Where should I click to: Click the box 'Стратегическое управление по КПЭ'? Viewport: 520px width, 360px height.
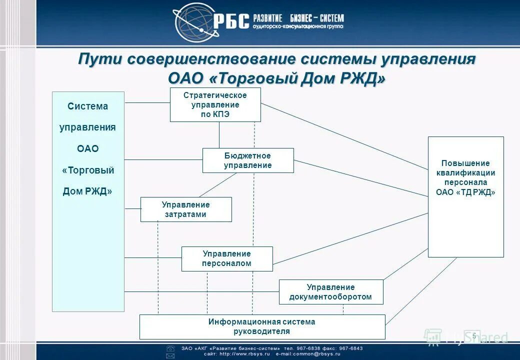point(215,104)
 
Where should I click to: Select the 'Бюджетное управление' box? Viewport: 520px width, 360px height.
point(248,160)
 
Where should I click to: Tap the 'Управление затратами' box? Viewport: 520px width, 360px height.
point(186,209)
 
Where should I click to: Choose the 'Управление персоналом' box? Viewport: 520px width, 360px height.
point(227,259)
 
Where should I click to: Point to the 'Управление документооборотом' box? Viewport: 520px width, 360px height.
point(330,292)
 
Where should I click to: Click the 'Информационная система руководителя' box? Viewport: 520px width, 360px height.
point(262,326)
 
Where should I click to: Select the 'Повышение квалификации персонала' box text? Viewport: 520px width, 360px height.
point(465,178)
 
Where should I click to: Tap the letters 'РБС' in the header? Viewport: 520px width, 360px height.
point(231,22)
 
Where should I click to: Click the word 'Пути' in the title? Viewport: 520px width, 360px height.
point(99,59)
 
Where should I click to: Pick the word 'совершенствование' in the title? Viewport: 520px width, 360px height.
point(209,59)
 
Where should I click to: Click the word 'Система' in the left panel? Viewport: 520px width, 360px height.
point(88,106)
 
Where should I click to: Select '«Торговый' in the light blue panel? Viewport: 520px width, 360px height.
point(88,170)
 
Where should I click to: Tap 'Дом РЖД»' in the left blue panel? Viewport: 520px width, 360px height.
point(87,191)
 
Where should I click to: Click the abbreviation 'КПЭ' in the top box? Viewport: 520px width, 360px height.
point(215,114)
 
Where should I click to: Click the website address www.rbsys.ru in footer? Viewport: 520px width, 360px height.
point(245,353)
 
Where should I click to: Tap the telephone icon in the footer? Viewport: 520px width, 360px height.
point(170,348)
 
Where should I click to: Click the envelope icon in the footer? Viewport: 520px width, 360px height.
point(170,355)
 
